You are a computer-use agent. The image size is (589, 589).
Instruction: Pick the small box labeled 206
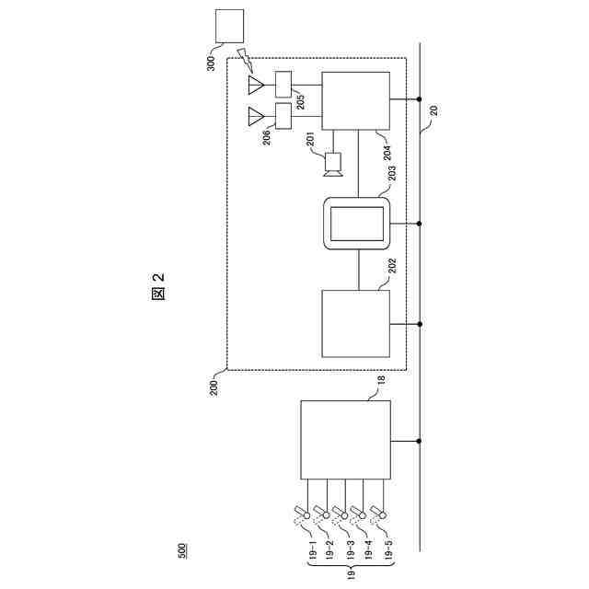coord(283,116)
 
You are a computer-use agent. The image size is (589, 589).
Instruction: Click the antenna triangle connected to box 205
coord(256,86)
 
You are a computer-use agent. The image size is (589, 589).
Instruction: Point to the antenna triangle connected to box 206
coord(256,116)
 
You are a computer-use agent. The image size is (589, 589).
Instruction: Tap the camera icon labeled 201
coord(333,164)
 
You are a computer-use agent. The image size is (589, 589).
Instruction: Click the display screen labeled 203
coord(355,224)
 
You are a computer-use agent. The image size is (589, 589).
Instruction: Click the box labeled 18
coord(345,440)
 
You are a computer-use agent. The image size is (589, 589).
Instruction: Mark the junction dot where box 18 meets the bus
coord(420,440)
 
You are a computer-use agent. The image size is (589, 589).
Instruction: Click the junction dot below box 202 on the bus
coord(420,323)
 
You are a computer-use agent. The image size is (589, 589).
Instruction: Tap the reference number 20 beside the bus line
coord(433,111)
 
